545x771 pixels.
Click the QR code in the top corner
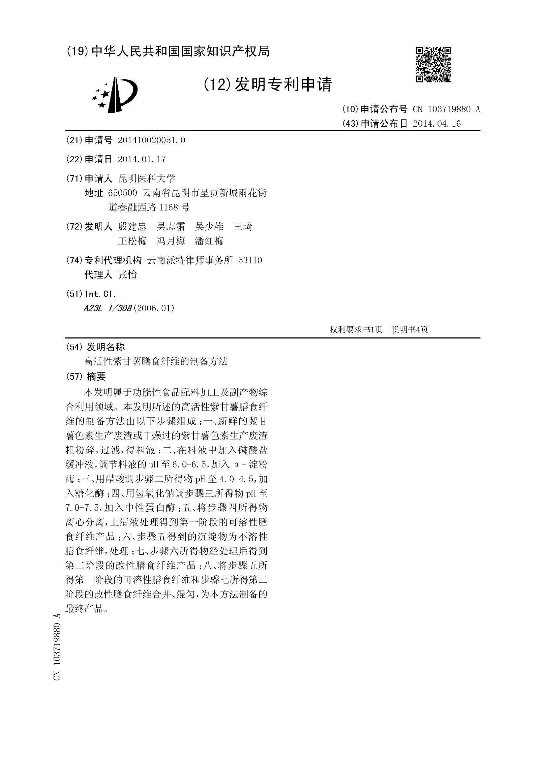(x=433, y=64)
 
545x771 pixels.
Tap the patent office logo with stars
(x=114, y=95)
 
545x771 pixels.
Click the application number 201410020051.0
(x=151, y=140)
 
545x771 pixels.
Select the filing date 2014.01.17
(x=142, y=159)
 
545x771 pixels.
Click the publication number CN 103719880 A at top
(x=446, y=109)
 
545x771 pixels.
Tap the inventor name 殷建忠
(x=132, y=227)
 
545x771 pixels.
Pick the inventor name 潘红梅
(x=209, y=241)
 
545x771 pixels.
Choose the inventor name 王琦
(x=243, y=227)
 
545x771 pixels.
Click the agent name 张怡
(x=128, y=275)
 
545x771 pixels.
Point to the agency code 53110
(x=250, y=260)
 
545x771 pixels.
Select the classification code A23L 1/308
(x=107, y=308)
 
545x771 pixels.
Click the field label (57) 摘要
(x=87, y=376)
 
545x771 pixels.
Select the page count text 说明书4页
(x=410, y=330)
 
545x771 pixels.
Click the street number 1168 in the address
(x=168, y=208)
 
